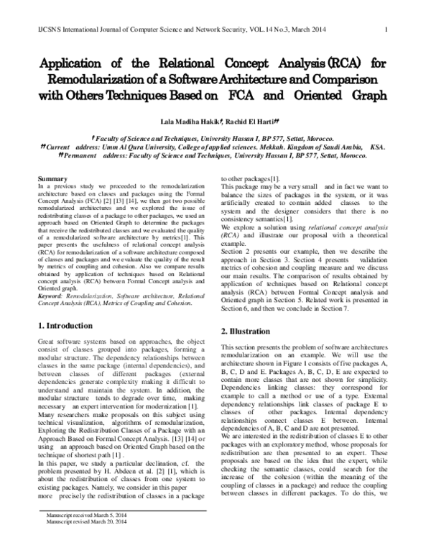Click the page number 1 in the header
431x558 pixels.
(387, 29)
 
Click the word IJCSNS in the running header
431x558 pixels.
(49, 29)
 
